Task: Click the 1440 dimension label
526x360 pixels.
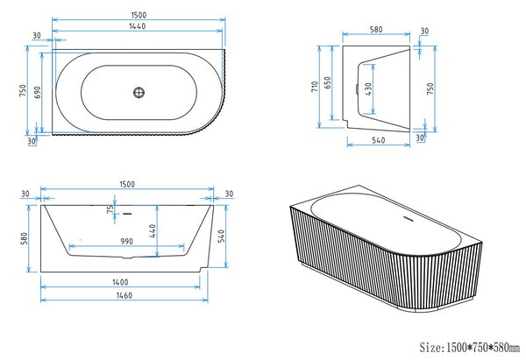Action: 138,26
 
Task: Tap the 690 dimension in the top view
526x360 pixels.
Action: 37,92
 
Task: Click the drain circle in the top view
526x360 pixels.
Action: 139,92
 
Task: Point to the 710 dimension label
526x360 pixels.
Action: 315,87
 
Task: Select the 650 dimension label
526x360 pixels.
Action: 327,82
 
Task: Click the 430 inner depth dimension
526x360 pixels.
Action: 368,89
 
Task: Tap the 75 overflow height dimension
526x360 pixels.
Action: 110,210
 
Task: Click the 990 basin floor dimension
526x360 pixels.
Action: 126,242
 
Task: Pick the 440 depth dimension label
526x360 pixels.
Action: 153,231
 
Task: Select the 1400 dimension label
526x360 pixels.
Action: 120,282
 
